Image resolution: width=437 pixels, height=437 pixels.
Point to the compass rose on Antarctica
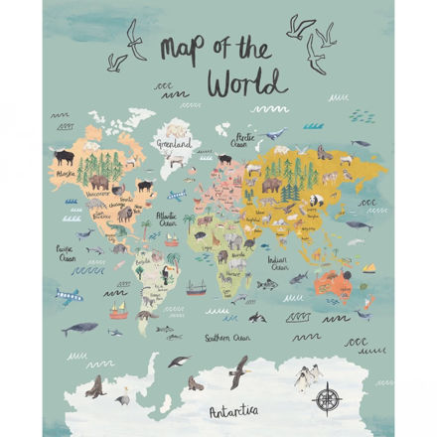329,398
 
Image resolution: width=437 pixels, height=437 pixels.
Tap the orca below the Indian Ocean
257,317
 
